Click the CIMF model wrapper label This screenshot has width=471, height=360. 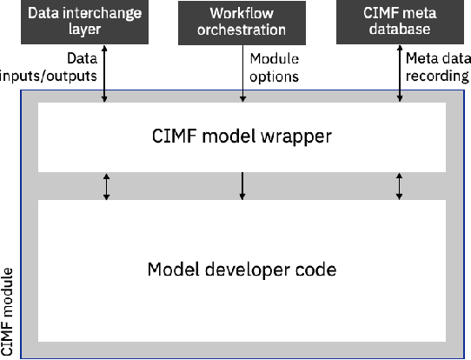point(242,136)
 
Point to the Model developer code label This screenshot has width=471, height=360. point(242,270)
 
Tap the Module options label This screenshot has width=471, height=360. point(275,67)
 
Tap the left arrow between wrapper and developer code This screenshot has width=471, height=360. point(106,186)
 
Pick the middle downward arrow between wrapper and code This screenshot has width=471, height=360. point(242,186)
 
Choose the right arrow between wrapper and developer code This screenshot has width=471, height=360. point(400,186)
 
